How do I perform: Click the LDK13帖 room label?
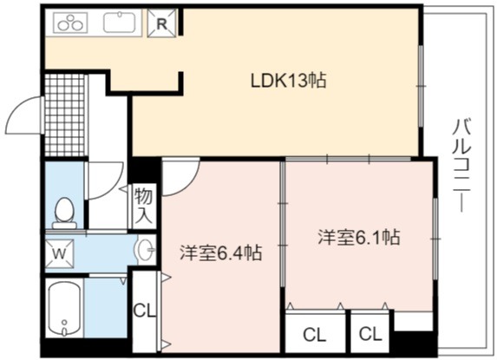[288, 80]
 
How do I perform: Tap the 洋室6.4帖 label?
[221, 252]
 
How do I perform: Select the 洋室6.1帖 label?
[359, 237]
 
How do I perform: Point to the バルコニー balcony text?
[462, 165]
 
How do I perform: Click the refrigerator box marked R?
[161, 23]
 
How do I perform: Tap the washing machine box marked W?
[60, 254]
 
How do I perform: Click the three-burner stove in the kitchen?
[70, 23]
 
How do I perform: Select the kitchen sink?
[119, 22]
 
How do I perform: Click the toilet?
[64, 213]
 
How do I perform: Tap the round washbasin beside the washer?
[146, 250]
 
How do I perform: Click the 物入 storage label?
[144, 206]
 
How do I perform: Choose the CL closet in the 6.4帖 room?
[145, 311]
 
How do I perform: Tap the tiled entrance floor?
[66, 115]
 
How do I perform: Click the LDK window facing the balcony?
[421, 86]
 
